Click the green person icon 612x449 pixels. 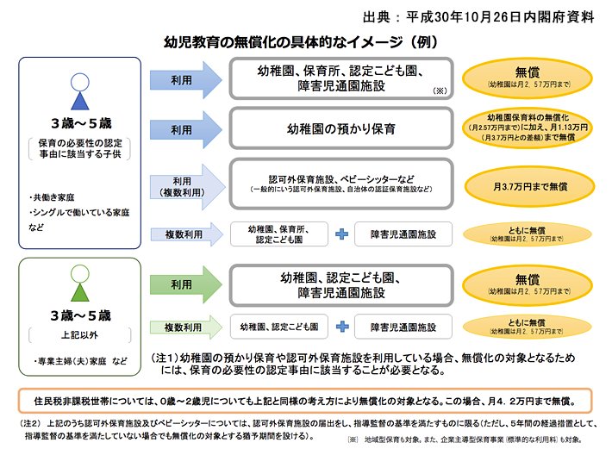pos(78,284)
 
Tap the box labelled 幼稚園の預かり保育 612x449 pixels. pos(340,130)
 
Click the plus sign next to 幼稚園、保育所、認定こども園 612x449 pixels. pos(341,234)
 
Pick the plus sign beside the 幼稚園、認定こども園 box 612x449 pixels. pos(341,327)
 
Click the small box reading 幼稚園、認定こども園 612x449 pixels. pos(280,327)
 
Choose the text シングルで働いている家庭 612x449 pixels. pos(78,212)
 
